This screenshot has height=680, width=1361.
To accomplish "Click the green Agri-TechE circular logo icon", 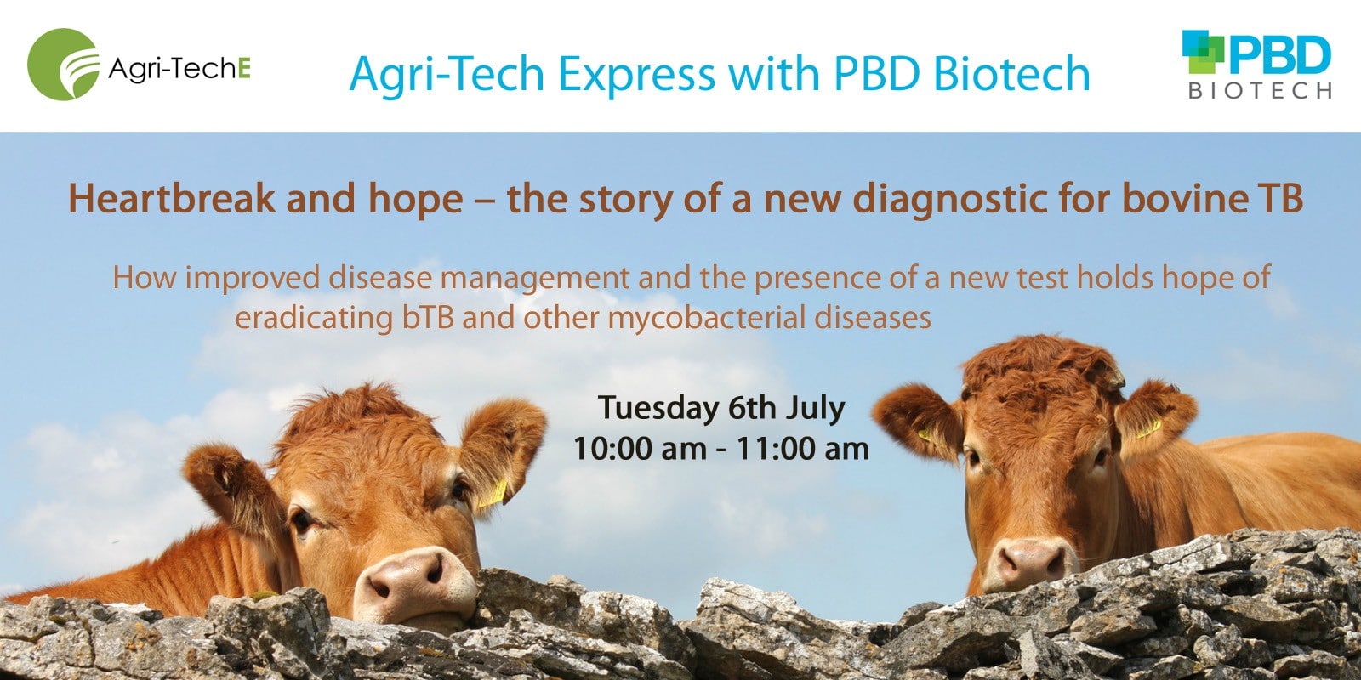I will [x=63, y=65].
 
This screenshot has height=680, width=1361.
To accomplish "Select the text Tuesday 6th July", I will [x=720, y=408].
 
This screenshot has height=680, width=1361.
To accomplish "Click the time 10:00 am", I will [x=639, y=448].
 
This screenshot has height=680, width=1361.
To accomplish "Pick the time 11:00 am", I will [x=802, y=448].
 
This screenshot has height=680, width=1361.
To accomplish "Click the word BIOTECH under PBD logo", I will [x=1260, y=91].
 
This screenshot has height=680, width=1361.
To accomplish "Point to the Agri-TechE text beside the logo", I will [x=179, y=68].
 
